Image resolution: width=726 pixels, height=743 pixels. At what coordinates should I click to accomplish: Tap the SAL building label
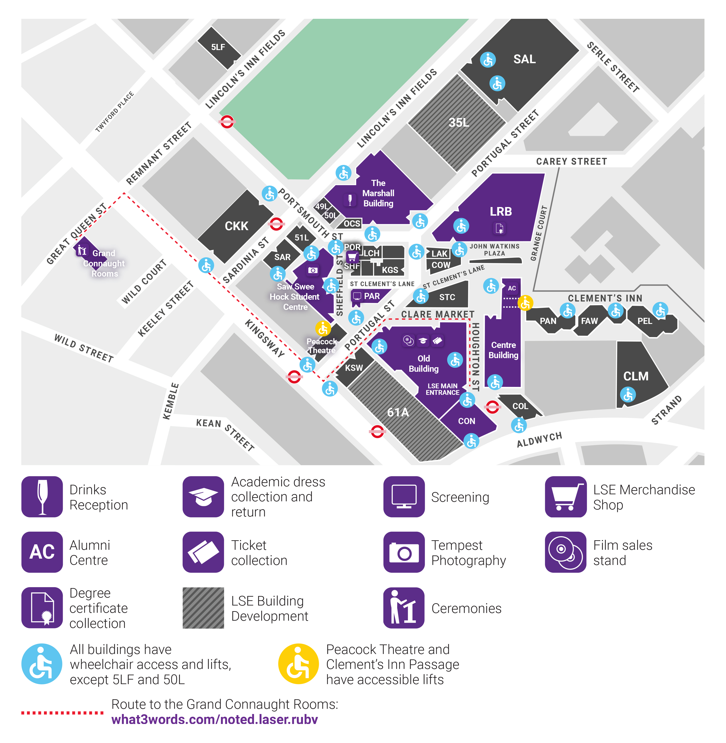524,59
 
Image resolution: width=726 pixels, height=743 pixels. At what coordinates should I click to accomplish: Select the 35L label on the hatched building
458,122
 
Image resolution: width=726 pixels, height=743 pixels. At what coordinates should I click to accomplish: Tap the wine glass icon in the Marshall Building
350,199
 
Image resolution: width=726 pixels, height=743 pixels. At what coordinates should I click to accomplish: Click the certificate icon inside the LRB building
499,228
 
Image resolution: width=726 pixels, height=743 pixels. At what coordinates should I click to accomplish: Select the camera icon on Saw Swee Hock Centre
313,270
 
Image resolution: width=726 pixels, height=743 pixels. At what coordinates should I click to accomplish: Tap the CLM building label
636,376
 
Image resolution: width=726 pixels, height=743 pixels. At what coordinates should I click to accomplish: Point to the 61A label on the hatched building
398,412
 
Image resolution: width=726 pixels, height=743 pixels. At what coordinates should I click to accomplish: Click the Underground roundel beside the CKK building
276,224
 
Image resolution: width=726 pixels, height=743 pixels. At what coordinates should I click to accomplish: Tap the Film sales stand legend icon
566,552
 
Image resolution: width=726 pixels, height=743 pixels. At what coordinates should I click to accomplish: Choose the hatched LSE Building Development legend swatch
203,608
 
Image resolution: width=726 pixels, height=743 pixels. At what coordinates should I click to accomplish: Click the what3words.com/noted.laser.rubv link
215,719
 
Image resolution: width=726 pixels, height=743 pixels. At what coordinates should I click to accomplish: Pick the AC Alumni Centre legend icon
42,552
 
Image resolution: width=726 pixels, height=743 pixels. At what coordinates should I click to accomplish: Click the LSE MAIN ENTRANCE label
442,389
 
